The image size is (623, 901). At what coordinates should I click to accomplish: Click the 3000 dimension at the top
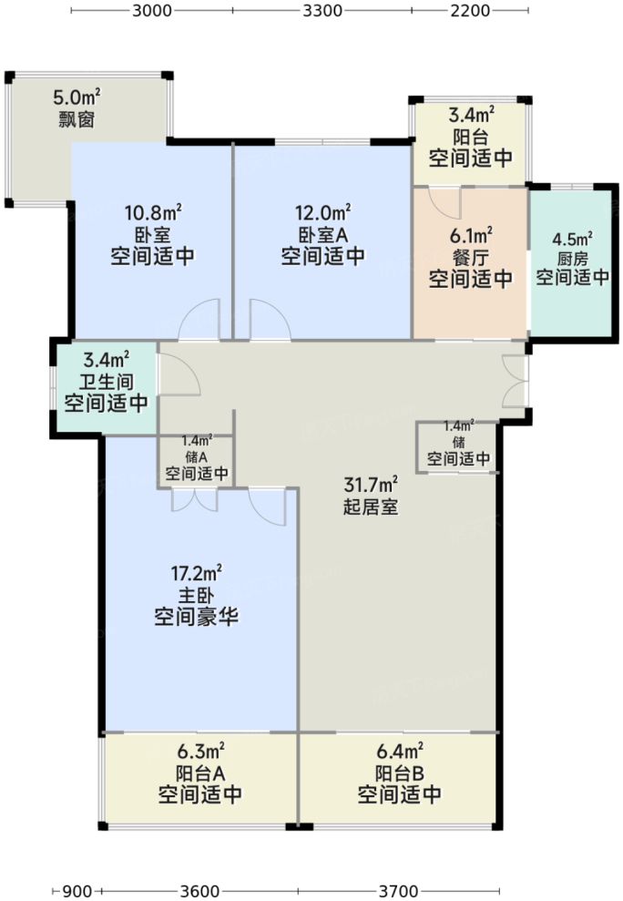coord(152,11)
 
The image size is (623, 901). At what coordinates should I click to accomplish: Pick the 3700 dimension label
coord(398,890)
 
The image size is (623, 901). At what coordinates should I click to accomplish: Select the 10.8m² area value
coord(152,214)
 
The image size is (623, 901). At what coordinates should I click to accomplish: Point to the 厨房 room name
coord(572,258)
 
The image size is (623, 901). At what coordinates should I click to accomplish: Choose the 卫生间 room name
coord(106,382)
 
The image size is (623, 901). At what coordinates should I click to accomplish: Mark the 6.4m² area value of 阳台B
coord(399,753)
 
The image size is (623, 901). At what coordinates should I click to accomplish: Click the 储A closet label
coord(197,456)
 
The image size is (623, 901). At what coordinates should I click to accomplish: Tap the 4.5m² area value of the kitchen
coord(572,240)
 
